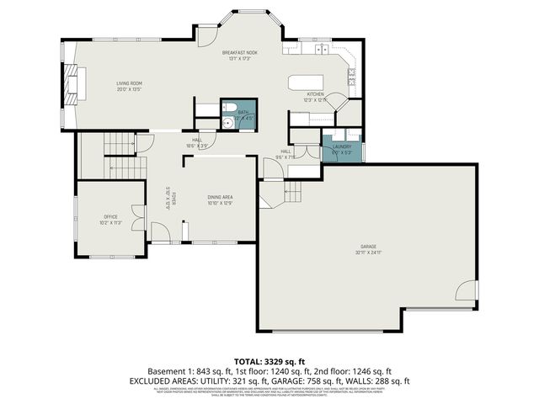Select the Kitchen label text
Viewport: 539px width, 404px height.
click(x=315, y=93)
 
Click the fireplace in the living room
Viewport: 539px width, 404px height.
click(x=69, y=84)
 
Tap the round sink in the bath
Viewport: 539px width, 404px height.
click(x=227, y=122)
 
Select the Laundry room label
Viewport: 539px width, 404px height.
click(x=341, y=146)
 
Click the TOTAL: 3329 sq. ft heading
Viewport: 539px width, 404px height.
click(x=269, y=359)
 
